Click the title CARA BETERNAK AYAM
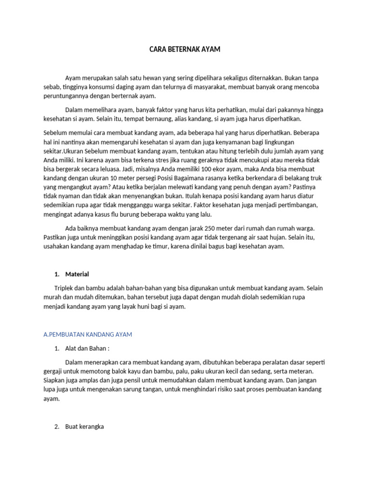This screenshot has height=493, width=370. click(x=185, y=49)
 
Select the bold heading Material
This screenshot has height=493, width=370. click(x=77, y=274)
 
